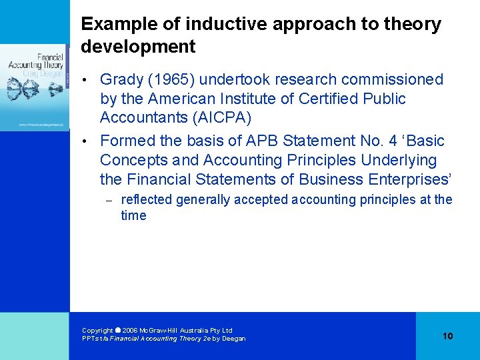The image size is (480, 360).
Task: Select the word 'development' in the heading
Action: (x=138, y=47)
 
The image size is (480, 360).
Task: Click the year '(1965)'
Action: (x=173, y=79)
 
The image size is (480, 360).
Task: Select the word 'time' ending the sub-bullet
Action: (x=133, y=215)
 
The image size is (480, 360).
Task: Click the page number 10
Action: (x=447, y=336)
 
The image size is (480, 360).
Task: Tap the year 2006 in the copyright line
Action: (x=133, y=330)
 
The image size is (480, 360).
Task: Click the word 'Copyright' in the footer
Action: (x=97, y=330)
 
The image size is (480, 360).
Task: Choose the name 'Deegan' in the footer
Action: (x=233, y=339)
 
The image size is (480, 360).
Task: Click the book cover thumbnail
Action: (x=35, y=87)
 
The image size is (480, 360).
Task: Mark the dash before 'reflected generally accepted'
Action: (x=111, y=200)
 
